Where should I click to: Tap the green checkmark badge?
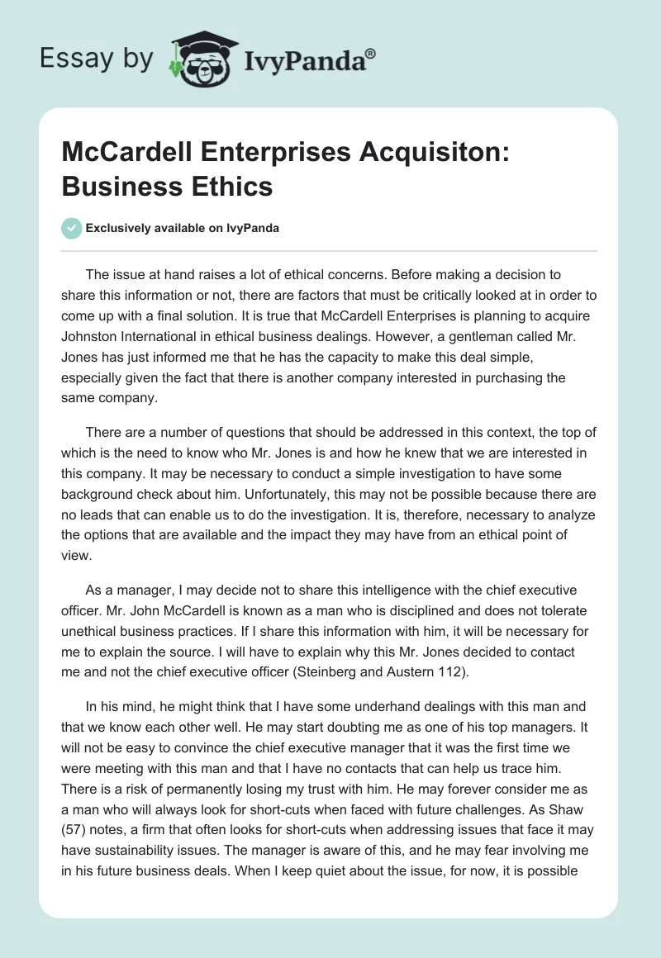pyautogui.click(x=73, y=228)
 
